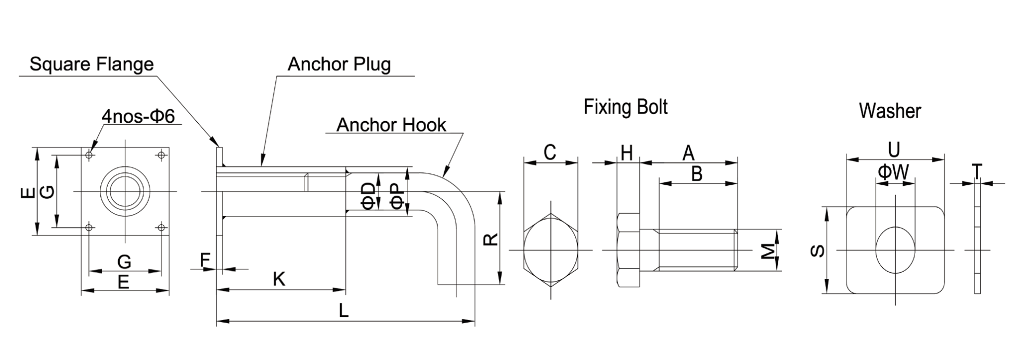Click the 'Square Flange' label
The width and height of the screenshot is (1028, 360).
pos(92,64)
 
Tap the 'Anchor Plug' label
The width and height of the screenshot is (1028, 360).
pos(339,64)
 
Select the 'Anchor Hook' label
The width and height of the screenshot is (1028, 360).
pos(391,125)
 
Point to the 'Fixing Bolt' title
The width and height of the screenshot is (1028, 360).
pos(625,107)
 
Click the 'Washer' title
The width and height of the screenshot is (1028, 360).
pos(890,111)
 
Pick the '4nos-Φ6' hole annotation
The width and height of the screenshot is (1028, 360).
pos(138,117)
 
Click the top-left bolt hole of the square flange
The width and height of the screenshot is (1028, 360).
pos(90,155)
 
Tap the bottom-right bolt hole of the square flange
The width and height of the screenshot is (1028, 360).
pos(161,227)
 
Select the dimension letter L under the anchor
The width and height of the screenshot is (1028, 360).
pos(343,311)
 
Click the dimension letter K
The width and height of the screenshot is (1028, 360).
pos(279,279)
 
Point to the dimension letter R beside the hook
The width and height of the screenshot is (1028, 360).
pos(491,239)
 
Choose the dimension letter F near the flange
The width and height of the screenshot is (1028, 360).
pos(205,260)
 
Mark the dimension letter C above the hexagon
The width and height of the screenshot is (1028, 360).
pos(550,152)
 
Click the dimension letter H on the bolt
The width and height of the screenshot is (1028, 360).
pos(627,153)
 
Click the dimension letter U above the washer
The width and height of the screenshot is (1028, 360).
pos(894,150)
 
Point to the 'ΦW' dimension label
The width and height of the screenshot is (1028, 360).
pos(893,172)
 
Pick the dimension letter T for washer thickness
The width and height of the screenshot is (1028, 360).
pos(977,171)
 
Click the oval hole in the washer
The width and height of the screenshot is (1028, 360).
pos(895,250)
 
